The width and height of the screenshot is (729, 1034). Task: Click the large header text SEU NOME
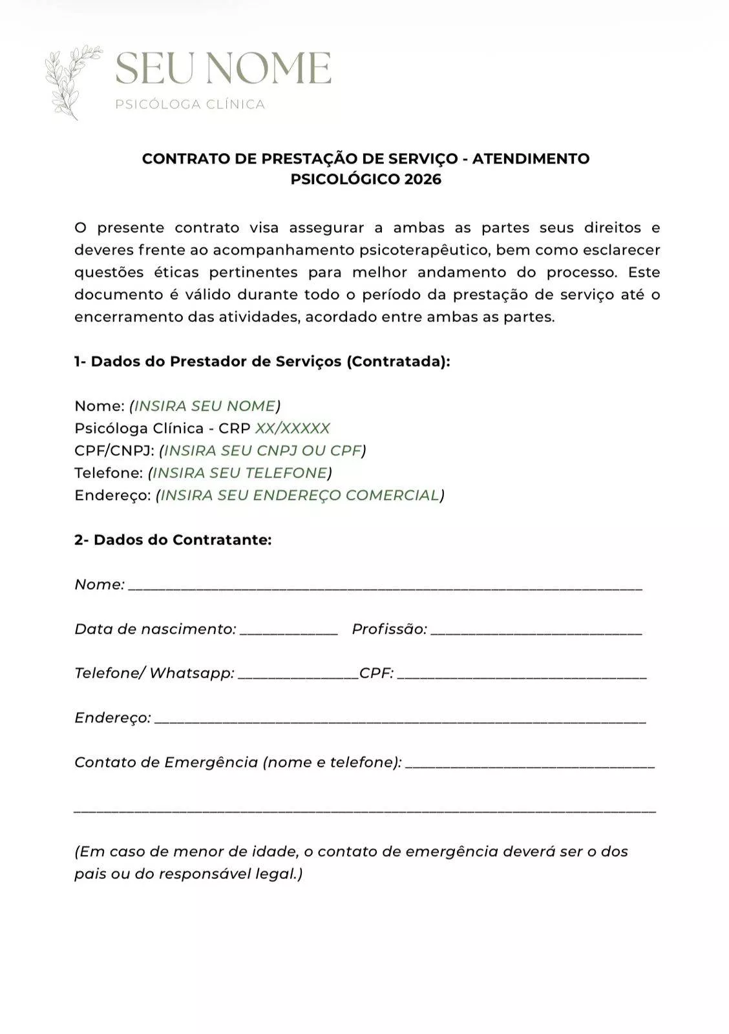pyautogui.click(x=223, y=69)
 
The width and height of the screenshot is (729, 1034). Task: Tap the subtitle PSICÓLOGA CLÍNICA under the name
pyautogui.click(x=190, y=105)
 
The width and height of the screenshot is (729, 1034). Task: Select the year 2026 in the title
pyautogui.click(x=423, y=180)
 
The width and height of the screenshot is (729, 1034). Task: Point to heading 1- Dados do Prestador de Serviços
pyautogui.click(x=262, y=361)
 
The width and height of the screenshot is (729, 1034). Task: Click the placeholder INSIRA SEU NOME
pyautogui.click(x=205, y=406)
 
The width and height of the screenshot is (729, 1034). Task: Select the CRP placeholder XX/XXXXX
pyautogui.click(x=292, y=428)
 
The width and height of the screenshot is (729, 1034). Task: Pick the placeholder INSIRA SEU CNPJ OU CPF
pyautogui.click(x=262, y=450)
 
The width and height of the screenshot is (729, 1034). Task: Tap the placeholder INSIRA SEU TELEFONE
pyautogui.click(x=240, y=473)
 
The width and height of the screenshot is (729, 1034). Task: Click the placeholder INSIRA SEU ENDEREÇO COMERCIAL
pyautogui.click(x=300, y=495)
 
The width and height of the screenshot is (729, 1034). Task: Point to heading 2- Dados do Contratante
pyautogui.click(x=173, y=540)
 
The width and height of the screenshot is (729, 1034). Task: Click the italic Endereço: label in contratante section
pyautogui.click(x=112, y=718)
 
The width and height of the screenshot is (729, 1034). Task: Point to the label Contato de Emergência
pyautogui.click(x=166, y=763)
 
